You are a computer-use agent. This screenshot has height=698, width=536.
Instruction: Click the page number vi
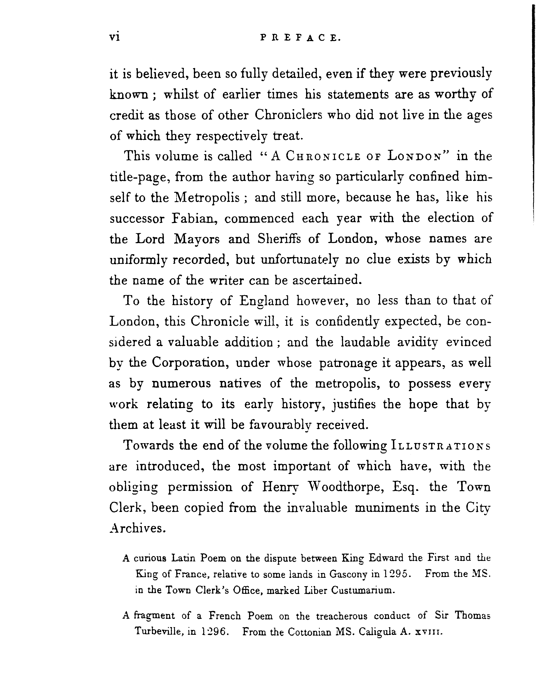[x=114, y=38]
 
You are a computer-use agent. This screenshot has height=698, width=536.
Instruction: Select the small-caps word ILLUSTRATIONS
[x=440, y=446]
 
